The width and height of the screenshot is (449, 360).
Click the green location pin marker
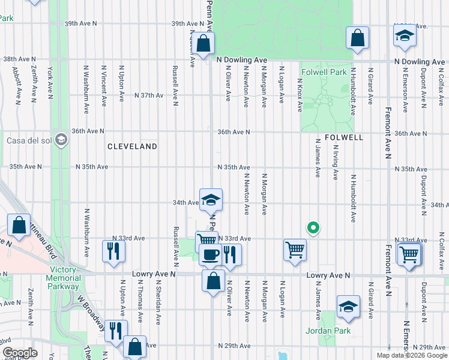pyautogui.click(x=313, y=227)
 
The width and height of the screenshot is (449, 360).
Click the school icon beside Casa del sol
pyautogui.click(x=61, y=140)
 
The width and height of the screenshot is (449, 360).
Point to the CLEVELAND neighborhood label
pyautogui.click(x=132, y=146)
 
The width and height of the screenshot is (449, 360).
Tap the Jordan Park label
pyautogui.click(x=344, y=330)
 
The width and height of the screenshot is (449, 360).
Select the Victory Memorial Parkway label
pyautogui.click(x=63, y=278)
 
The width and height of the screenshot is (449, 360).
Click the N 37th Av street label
pyautogui.click(x=149, y=95)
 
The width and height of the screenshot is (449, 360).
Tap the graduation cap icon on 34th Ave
pyautogui.click(x=211, y=200)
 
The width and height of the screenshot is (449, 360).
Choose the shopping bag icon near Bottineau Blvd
pyautogui.click(x=19, y=226)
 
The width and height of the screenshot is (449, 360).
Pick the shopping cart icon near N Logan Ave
pyautogui.click(x=295, y=250)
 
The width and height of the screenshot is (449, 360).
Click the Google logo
pyautogui.click(x=20, y=353)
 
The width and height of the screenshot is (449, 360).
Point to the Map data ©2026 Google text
pyautogui.click(x=412, y=355)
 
